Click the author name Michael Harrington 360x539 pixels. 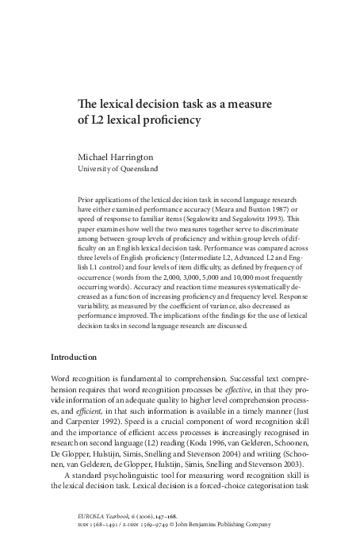click(119, 156)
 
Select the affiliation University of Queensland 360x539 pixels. click(117, 169)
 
